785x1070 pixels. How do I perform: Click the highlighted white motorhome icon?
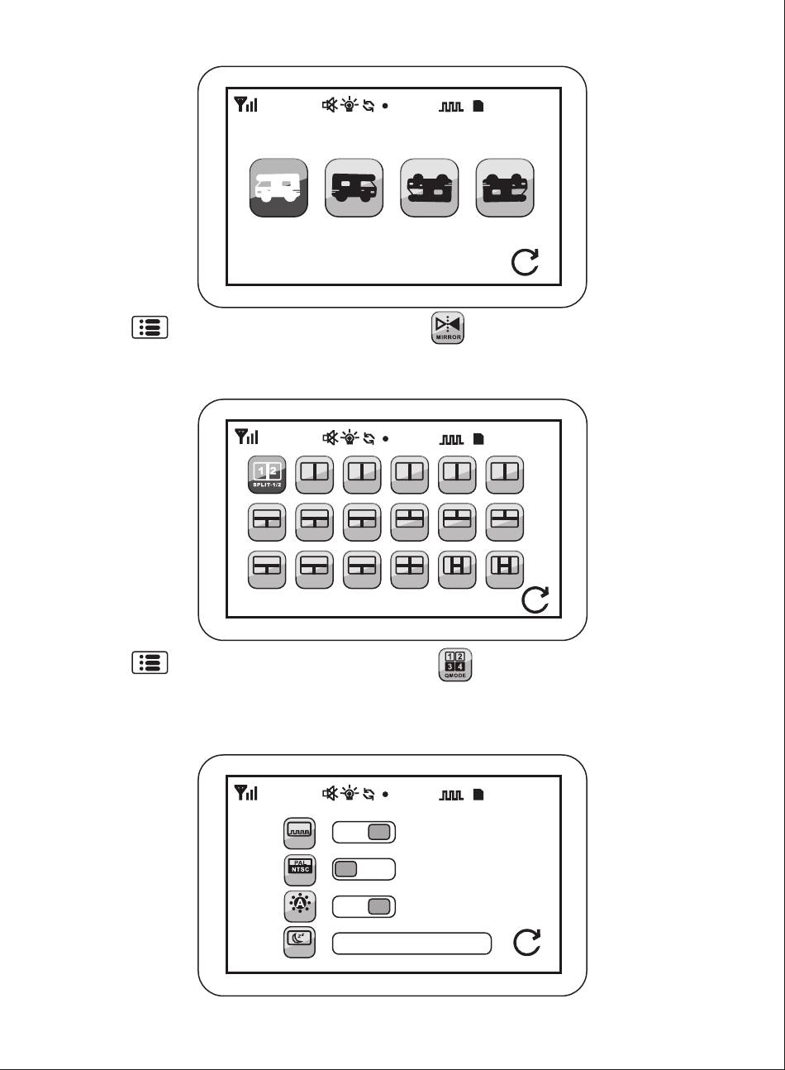click(x=278, y=188)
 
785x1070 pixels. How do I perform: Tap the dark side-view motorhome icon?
click(x=354, y=188)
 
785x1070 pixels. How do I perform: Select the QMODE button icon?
click(x=454, y=665)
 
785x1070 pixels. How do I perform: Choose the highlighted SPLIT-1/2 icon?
click(x=268, y=475)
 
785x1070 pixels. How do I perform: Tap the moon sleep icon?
click(x=299, y=942)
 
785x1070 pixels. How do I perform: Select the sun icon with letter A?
click(x=299, y=906)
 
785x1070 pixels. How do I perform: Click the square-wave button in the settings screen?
click(x=299, y=833)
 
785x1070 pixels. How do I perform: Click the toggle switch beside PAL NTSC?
click(x=364, y=869)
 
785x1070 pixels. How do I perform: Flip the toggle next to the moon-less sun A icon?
click(x=364, y=906)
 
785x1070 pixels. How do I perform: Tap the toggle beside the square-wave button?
click(x=364, y=833)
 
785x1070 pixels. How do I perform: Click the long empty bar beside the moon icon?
click(x=412, y=943)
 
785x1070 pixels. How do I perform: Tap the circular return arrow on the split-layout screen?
click(x=536, y=599)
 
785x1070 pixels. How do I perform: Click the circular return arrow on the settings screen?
click(x=527, y=943)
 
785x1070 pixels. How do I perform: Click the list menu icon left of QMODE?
click(x=149, y=663)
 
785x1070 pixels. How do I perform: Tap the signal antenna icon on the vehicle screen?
click(x=246, y=105)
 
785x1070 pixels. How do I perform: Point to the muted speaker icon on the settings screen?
click(x=330, y=794)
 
